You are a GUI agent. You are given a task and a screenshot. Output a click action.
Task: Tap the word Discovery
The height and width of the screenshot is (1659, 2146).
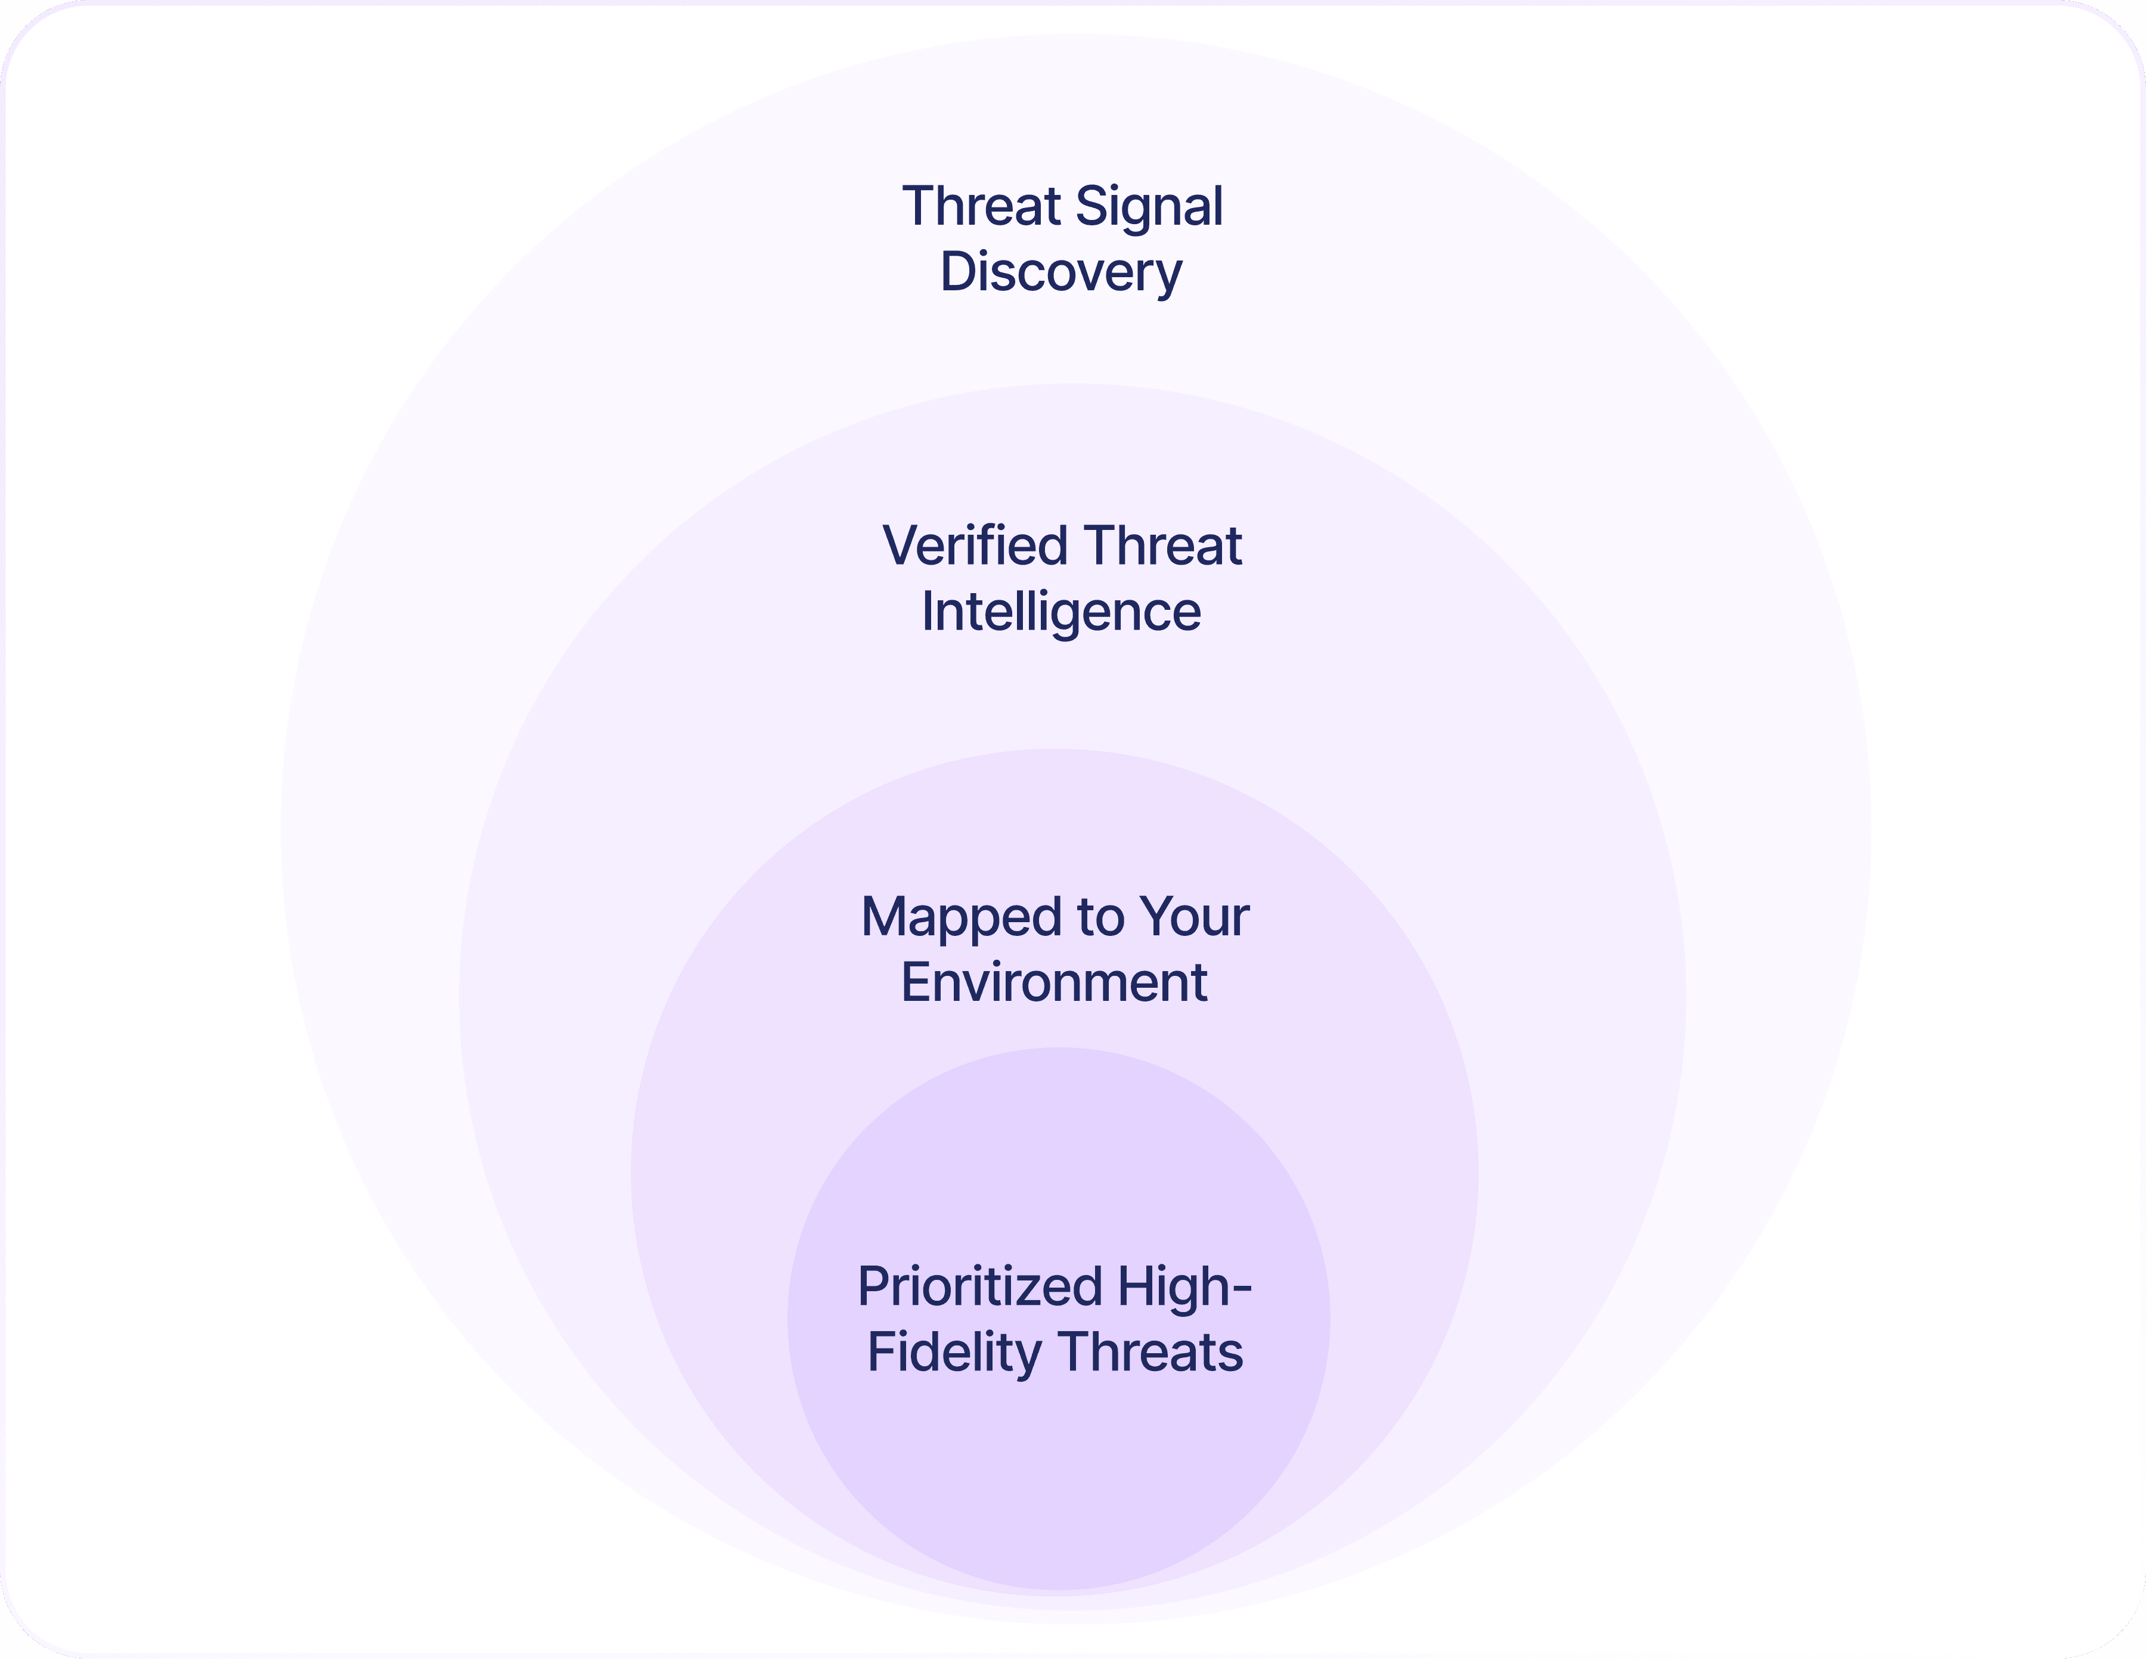[1061, 273]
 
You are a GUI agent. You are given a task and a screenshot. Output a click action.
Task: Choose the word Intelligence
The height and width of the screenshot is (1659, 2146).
[1061, 612]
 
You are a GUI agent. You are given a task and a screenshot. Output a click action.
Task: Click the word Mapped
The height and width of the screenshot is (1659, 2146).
[962, 918]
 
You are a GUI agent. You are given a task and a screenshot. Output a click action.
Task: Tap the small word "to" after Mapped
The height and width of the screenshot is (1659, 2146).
[1100, 918]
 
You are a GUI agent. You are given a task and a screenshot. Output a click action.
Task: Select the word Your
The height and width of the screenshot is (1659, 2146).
[1195, 918]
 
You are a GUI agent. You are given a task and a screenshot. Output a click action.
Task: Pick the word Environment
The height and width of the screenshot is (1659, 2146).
[1055, 983]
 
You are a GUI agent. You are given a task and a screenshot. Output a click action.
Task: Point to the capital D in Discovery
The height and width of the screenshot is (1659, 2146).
[957, 272]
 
